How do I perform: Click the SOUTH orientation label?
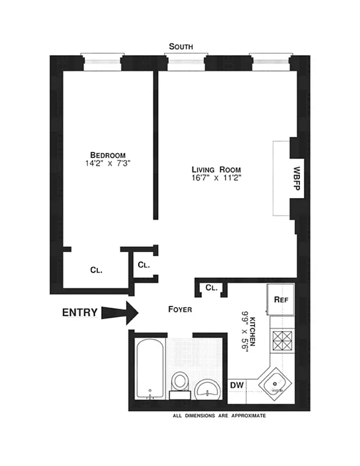[x=181, y=46]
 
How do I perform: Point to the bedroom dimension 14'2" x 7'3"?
[x=107, y=164]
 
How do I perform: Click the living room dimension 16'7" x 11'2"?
[x=216, y=178]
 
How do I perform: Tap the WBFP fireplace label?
[x=297, y=178]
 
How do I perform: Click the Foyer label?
[x=180, y=309]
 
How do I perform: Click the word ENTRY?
[x=80, y=312]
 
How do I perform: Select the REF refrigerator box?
[x=281, y=299]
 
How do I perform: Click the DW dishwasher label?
[x=237, y=385]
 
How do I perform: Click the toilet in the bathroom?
[x=179, y=384]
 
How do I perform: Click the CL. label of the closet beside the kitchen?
[x=211, y=287]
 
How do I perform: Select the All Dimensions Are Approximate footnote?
[x=220, y=416]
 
